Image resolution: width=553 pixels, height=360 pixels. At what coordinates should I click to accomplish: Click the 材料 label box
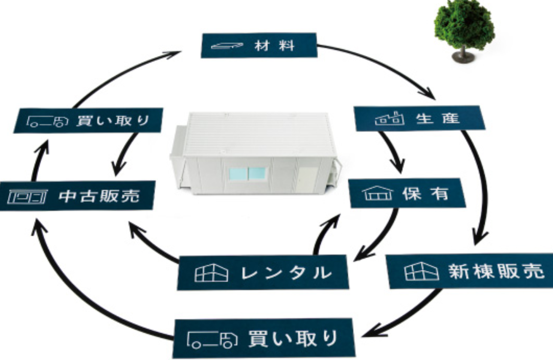pyautogui.click(x=259, y=45)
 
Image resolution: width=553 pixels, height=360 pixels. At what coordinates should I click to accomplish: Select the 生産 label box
pyautogui.click(x=419, y=118)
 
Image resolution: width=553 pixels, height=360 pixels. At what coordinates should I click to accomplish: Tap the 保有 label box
pyautogui.click(x=407, y=194)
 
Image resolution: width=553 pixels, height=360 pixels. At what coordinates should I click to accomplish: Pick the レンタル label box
pyautogui.click(x=262, y=272)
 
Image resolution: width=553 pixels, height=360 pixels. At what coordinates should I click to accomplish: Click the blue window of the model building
pyautogui.click(x=247, y=174)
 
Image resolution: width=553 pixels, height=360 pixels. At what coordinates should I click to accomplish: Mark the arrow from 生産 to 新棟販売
pyautogui.click(x=478, y=189)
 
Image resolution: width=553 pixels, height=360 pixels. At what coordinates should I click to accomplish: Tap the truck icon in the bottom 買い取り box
pyautogui.click(x=213, y=339)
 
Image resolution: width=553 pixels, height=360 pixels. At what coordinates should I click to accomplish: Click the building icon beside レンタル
pyautogui.click(x=210, y=273)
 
